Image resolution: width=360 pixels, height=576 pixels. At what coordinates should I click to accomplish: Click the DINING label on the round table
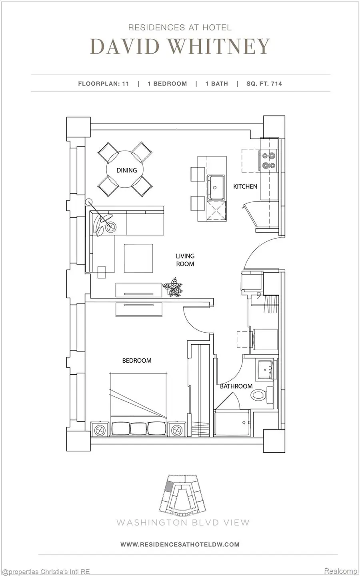pos(126,170)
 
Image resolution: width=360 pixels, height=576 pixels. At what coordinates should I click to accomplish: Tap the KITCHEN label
pos(245,186)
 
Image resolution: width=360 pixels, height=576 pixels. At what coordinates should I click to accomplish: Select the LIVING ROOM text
pos(185,260)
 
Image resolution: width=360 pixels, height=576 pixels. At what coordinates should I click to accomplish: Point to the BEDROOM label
pos(137,360)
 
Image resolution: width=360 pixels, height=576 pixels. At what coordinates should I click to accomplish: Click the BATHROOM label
pos(236,386)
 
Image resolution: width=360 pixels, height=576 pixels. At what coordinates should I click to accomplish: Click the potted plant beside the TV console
pos(172,287)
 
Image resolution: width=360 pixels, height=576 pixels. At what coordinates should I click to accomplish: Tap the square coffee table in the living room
pos(138,258)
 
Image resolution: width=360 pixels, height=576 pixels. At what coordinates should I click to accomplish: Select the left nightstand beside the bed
pos(100,430)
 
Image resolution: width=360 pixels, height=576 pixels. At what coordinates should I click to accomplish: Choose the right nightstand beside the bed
pos(176,430)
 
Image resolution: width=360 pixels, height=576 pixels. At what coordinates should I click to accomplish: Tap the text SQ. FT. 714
pos(264,84)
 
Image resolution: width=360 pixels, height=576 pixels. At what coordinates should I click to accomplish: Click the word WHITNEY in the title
pos(219,47)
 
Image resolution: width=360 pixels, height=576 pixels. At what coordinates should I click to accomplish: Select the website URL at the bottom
pos(180,544)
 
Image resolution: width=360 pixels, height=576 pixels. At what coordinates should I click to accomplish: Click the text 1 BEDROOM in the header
pos(167,84)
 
